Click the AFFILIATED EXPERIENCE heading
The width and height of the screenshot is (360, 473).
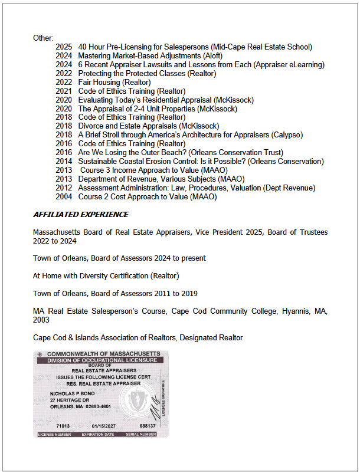81,214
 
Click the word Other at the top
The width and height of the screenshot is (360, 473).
42,38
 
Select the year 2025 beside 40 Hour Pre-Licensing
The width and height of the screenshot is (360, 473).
64,47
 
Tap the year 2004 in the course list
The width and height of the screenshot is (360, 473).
64,197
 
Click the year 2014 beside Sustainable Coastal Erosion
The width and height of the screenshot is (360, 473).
64,162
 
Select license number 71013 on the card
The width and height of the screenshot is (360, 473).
63,426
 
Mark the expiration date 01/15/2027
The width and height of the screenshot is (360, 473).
105,426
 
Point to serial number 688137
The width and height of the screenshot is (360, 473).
148,426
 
